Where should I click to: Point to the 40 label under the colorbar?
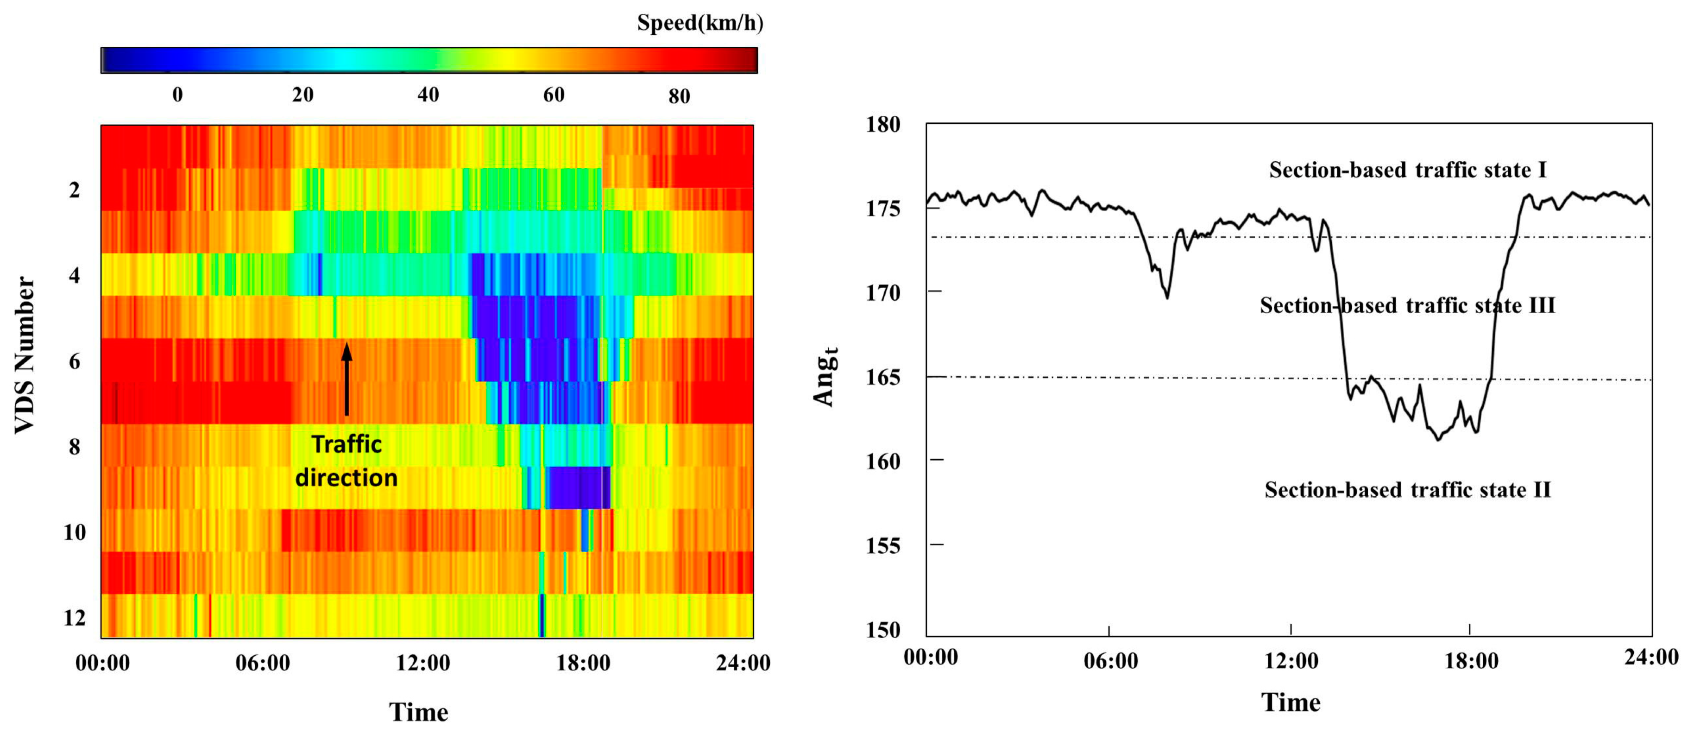coord(428,95)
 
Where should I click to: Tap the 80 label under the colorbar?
coord(679,96)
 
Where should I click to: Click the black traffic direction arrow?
coord(346,380)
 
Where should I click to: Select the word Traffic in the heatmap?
coord(346,444)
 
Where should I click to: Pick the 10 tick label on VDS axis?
coord(74,532)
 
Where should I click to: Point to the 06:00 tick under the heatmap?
coord(262,663)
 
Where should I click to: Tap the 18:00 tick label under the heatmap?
coord(583,663)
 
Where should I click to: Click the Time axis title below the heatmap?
coord(419,712)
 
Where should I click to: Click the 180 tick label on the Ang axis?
coord(882,125)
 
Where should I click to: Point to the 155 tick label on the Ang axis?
coord(882,545)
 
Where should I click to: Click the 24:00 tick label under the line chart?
coord(1650,657)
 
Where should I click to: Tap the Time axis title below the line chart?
coord(1291,702)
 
